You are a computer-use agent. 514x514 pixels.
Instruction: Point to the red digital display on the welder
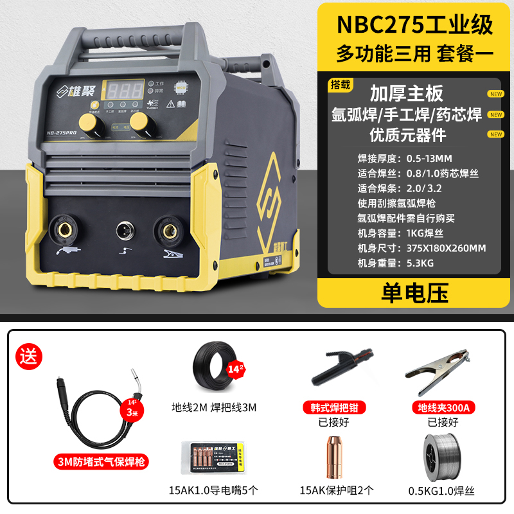point(125,90)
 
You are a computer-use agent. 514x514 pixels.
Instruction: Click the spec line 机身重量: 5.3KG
point(393,262)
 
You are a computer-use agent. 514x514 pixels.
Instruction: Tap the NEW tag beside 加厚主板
point(495,94)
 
